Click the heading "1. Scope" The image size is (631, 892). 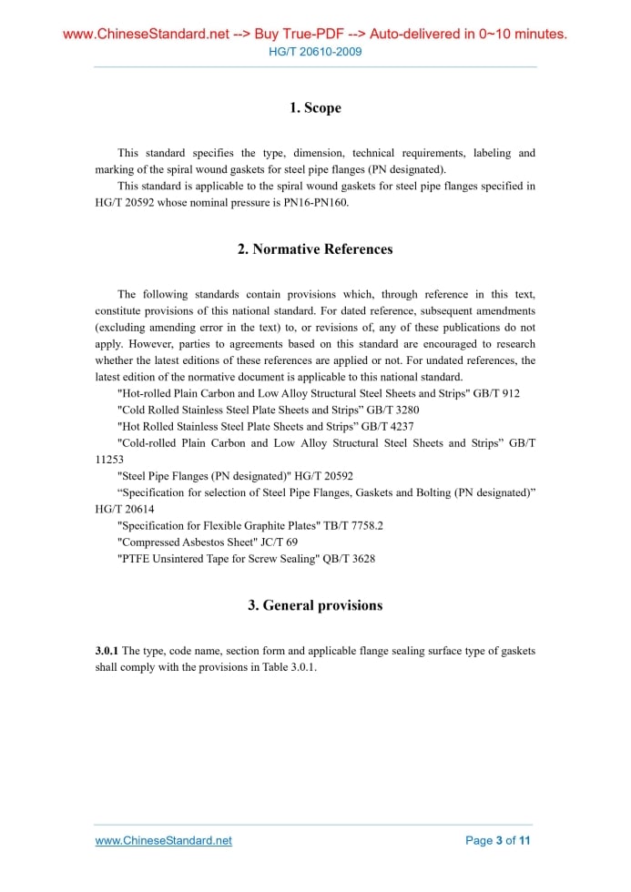315,108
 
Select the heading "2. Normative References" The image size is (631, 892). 315,249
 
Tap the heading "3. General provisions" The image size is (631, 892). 315,605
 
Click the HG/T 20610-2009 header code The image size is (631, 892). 315,52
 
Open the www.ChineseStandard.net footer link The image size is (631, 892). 164,840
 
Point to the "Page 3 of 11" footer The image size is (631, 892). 497,840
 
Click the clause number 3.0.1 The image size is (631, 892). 107,651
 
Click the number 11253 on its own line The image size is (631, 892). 109,460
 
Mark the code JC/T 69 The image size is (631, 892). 274,542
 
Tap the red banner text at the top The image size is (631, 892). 315,35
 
